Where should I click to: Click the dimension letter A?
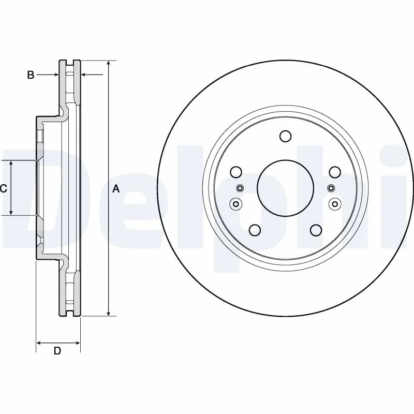tap(116, 189)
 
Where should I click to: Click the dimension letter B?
tap(31, 75)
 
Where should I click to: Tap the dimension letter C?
tap(3, 188)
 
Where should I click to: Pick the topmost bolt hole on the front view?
tap(286, 136)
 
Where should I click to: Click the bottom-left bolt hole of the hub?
tap(255, 230)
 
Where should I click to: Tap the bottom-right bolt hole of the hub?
tap(316, 230)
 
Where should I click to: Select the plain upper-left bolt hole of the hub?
tap(236, 172)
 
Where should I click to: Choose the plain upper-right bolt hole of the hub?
tap(335, 172)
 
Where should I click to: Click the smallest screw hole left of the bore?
tap(240, 188)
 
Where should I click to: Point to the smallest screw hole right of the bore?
tap(331, 188)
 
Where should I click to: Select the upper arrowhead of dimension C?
tap(11, 164)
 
